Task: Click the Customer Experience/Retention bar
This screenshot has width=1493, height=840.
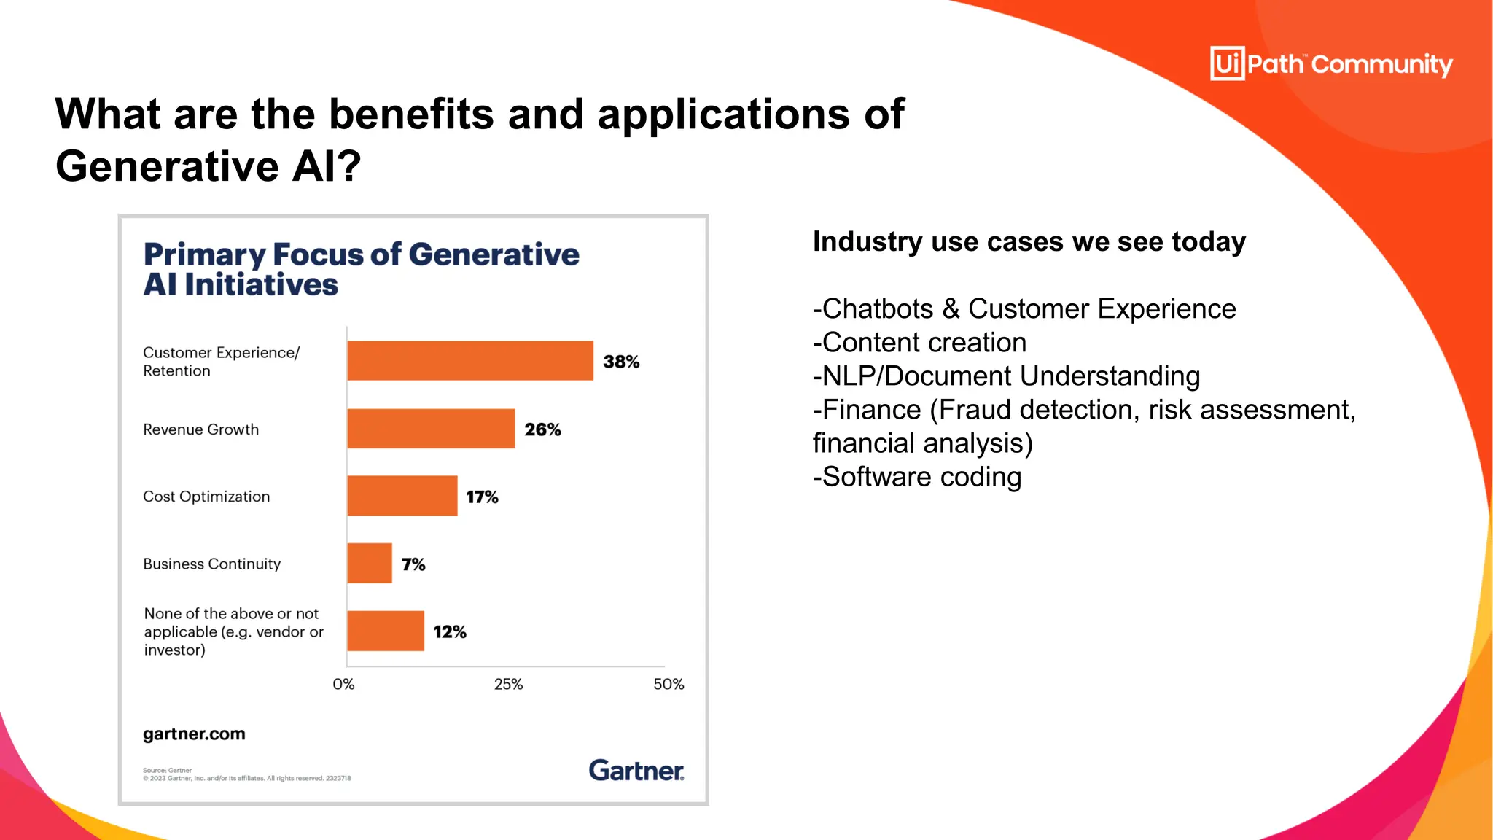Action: (x=470, y=360)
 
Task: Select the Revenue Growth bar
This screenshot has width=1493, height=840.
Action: (x=431, y=429)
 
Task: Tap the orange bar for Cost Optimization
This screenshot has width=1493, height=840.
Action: (x=402, y=496)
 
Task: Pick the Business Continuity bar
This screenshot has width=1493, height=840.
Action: (x=370, y=563)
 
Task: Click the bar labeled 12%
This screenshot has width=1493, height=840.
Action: (x=386, y=631)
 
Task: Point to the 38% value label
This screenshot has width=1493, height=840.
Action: (x=621, y=362)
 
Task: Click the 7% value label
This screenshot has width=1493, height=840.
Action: (x=413, y=564)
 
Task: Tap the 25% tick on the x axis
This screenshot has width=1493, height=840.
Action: (x=508, y=684)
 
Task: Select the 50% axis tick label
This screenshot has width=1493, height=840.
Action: (x=668, y=684)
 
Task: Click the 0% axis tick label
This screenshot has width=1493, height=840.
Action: (x=343, y=684)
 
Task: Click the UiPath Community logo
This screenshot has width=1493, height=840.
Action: (x=1331, y=64)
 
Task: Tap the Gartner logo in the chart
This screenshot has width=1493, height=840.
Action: (x=636, y=771)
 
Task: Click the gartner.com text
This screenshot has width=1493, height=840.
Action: (x=194, y=734)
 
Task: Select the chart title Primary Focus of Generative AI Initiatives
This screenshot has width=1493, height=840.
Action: (x=361, y=269)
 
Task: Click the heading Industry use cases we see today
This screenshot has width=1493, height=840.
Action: (x=1029, y=241)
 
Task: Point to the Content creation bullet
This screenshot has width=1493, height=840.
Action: (x=920, y=343)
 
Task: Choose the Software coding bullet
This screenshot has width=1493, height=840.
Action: (x=917, y=477)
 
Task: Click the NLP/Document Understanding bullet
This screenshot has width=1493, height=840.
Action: (x=1006, y=376)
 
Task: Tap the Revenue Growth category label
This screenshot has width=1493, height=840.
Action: (x=200, y=429)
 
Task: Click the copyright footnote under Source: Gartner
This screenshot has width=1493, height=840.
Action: (x=246, y=779)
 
